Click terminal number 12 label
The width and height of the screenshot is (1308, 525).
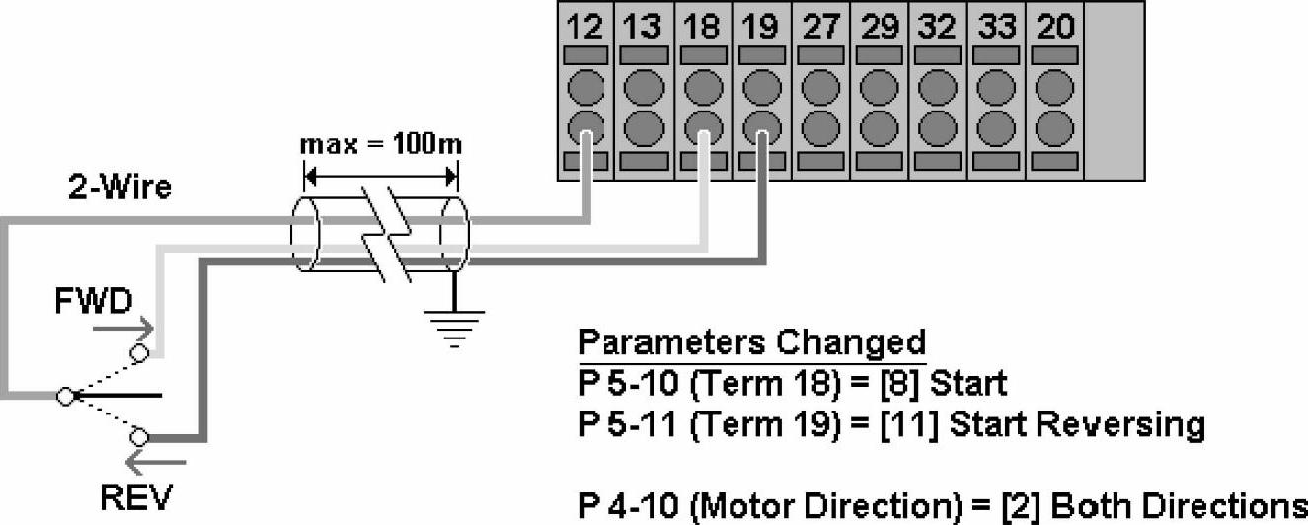585,27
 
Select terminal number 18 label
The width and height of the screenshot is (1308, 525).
701,27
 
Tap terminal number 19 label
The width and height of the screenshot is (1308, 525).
759,27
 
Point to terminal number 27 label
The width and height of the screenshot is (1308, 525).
819,27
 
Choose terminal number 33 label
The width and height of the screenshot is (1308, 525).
996,27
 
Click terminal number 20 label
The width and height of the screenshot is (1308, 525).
1054,27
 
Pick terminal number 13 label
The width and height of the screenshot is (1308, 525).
643,27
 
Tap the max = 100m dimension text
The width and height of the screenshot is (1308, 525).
381,145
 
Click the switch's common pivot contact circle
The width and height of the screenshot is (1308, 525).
65,396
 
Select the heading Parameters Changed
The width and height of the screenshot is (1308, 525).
752,342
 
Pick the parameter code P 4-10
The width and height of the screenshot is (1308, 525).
620,506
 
